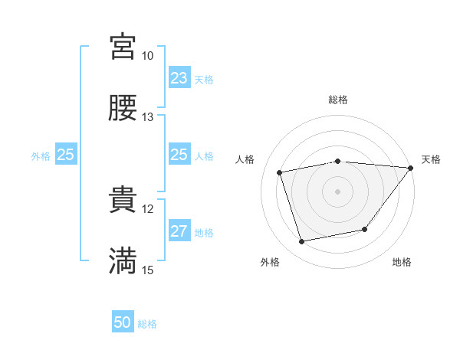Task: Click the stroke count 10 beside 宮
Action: point(148,56)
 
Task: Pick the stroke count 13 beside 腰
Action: point(148,117)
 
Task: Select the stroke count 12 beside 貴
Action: point(148,208)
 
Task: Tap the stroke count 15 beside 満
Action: point(148,270)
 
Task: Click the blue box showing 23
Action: point(179,78)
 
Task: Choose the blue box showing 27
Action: point(179,231)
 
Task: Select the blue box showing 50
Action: point(123,322)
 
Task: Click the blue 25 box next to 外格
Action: point(66,155)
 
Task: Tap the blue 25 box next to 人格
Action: point(179,155)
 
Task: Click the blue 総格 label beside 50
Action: point(147,324)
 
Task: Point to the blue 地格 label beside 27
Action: point(204,233)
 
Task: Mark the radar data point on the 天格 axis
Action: point(411,167)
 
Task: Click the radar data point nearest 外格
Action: point(302,242)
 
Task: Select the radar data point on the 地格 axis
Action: point(365,229)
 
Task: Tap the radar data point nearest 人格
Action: point(280,172)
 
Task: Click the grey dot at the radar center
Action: point(337,191)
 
